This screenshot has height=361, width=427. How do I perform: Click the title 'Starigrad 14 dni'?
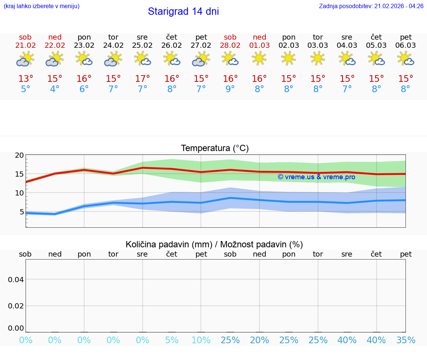coord(183,11)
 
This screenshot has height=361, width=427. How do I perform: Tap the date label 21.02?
coord(26,45)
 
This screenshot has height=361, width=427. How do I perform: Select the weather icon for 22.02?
coord(55,59)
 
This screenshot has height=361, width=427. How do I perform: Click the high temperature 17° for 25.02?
coord(142,79)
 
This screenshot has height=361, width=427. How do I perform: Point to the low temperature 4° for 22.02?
coord(55,89)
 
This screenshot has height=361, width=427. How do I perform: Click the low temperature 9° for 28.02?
coord(230,89)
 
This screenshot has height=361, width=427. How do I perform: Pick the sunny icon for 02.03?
coord(288,59)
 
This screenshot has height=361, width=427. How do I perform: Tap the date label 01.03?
coord(259,45)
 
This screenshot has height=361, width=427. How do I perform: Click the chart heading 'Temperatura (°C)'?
coord(215,148)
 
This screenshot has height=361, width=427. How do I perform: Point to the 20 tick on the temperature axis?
coord(20,155)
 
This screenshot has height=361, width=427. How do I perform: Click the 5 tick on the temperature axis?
coord(21,212)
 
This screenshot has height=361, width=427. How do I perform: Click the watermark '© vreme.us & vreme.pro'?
coord(316,177)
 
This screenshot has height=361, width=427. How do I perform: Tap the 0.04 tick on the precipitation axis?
coord(16,280)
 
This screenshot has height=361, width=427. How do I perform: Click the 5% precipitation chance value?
coord(172,340)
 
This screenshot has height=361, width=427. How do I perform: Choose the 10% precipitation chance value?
coord(201,340)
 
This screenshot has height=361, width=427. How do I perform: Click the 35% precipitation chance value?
coord(406,340)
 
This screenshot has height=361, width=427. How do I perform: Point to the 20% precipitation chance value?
coord(259,340)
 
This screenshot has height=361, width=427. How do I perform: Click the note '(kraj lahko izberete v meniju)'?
coord(42,6)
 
